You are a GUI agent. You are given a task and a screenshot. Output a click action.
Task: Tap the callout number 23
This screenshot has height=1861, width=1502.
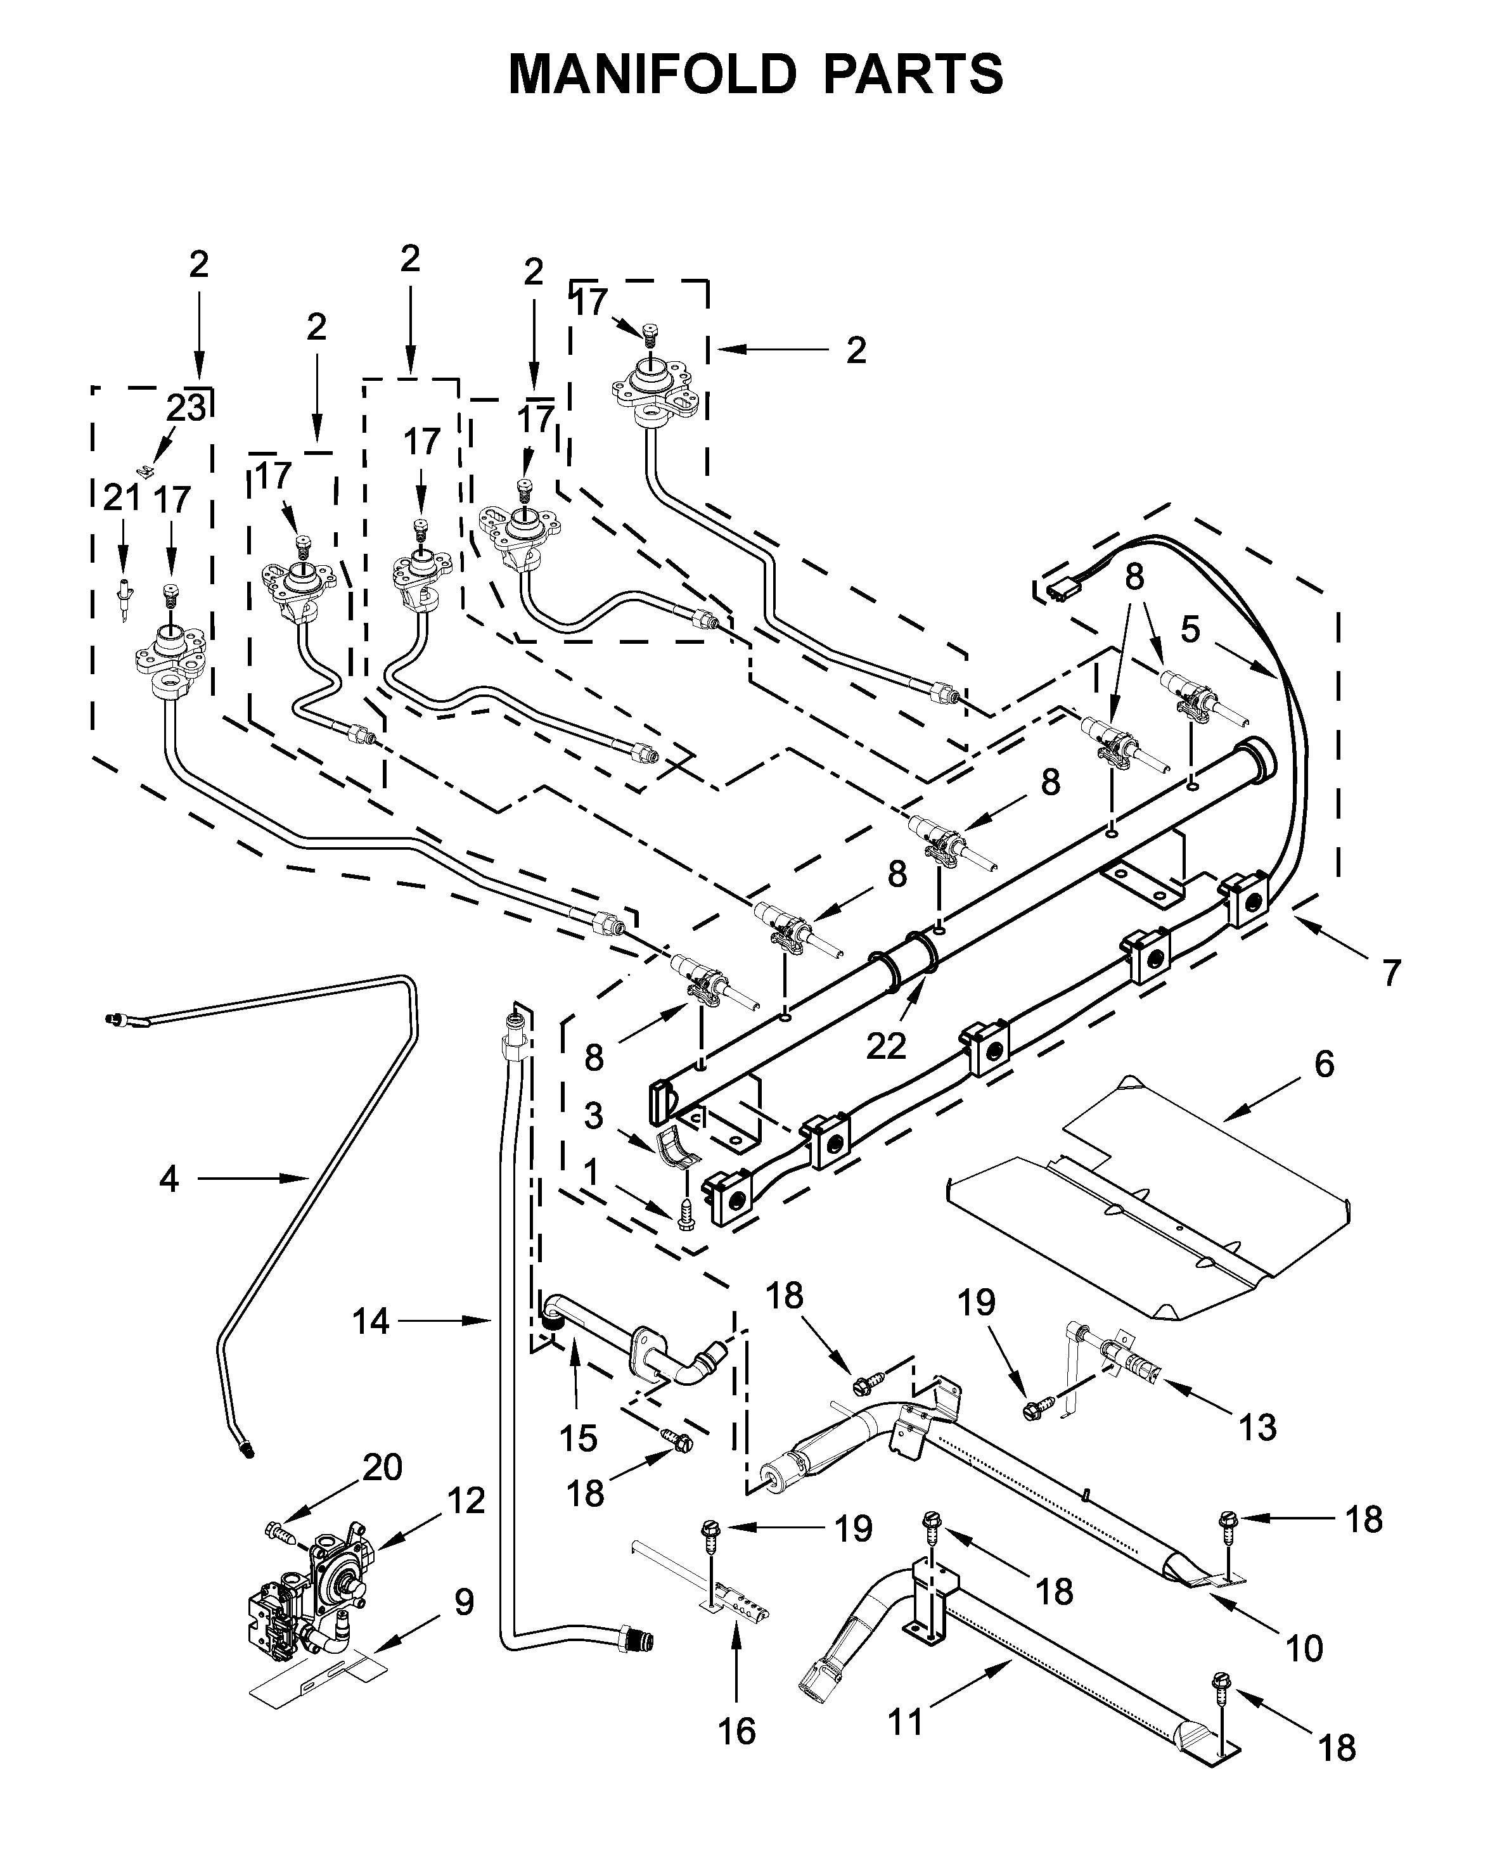click(x=186, y=408)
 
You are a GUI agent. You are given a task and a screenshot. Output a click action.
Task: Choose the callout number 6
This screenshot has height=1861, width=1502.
click(x=1324, y=1063)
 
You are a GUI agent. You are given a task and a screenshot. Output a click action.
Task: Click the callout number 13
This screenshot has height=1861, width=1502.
click(x=1257, y=1427)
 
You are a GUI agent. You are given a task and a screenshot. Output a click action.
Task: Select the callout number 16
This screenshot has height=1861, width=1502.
click(x=736, y=1730)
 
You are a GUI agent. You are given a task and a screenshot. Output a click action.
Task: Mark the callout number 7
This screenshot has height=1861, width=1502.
click(x=1390, y=973)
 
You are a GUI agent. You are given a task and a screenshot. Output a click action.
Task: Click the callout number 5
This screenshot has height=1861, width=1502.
click(x=1191, y=630)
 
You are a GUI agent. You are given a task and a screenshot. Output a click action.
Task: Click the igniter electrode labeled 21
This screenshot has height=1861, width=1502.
click(x=124, y=598)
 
